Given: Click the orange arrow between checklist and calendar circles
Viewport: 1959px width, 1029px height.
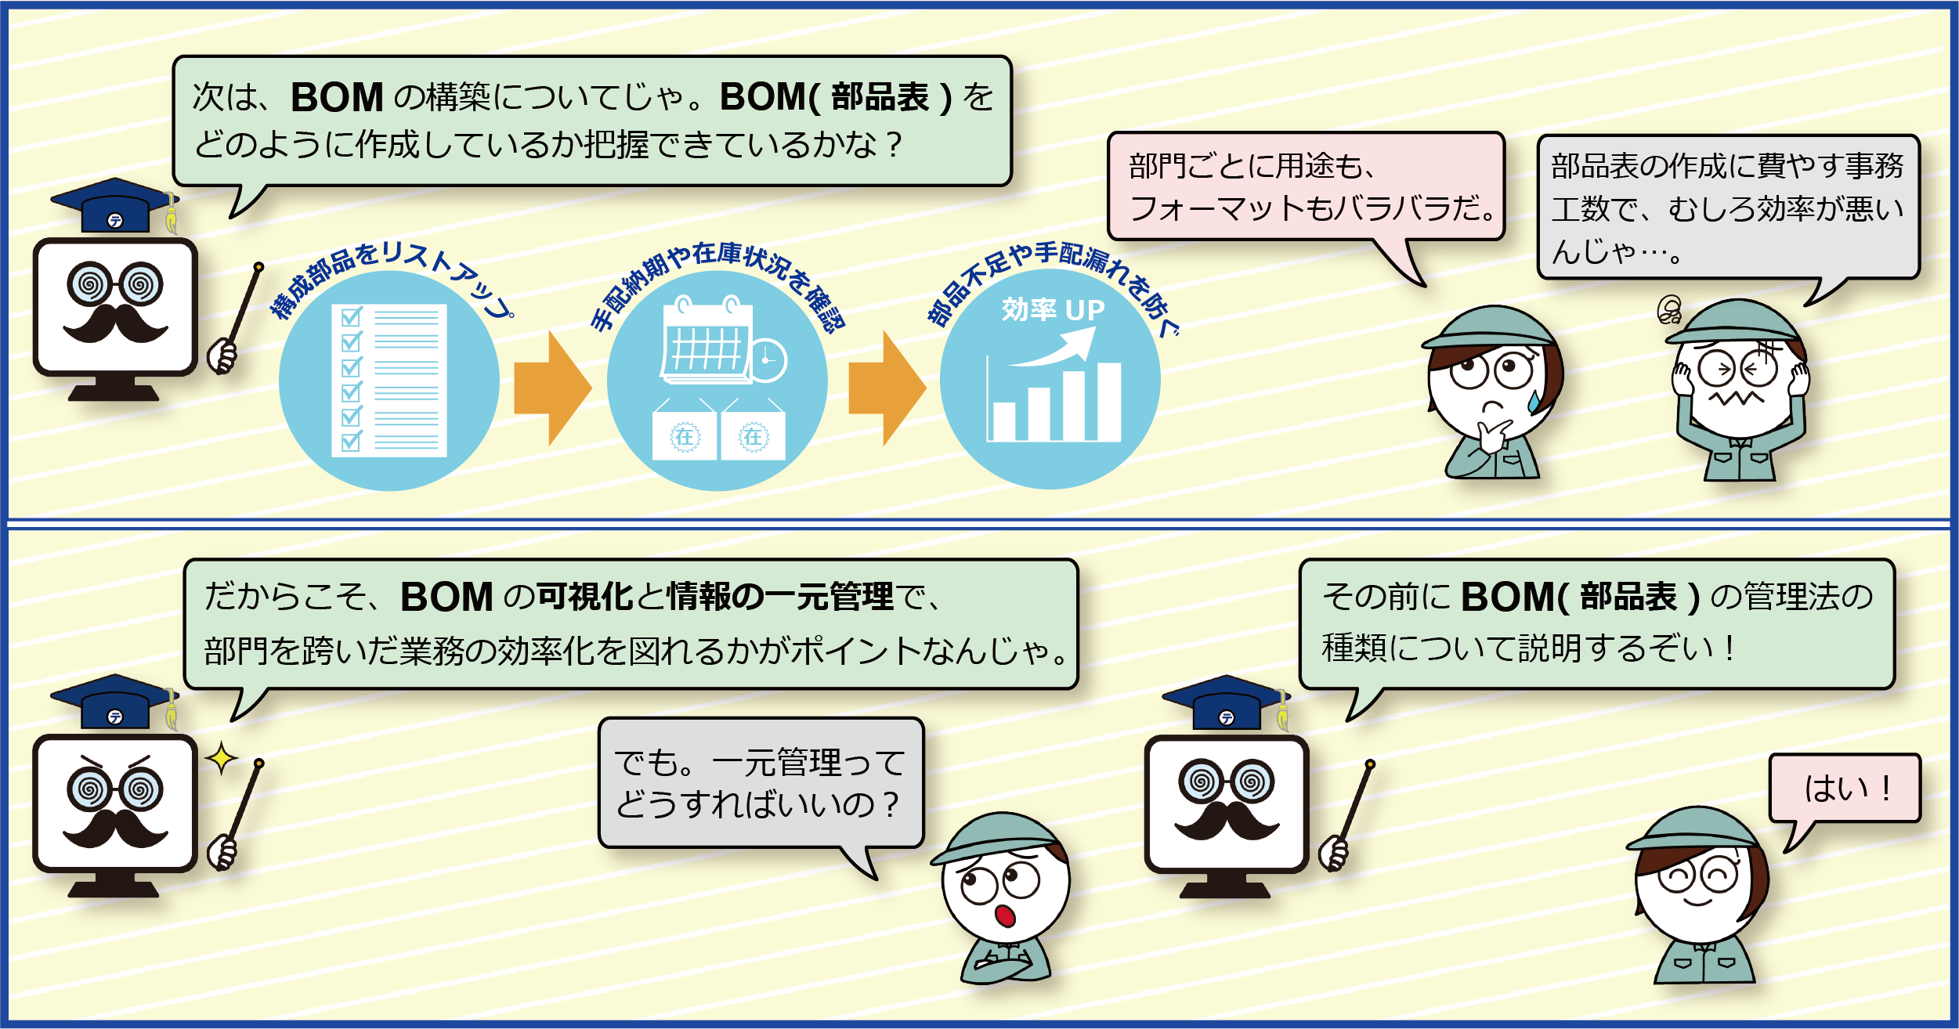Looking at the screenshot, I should click(551, 388).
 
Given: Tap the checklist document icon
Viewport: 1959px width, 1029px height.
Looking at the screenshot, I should click(389, 381).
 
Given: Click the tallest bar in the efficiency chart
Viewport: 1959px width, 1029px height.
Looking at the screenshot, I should click(1109, 401).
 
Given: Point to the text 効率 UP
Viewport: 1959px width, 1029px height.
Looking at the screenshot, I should click(1053, 310).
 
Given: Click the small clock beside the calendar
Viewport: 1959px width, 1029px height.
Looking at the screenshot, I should click(768, 360).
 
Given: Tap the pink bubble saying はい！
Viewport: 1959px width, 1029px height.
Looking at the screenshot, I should click(1845, 788).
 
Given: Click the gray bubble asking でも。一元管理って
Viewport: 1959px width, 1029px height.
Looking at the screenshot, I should click(761, 782).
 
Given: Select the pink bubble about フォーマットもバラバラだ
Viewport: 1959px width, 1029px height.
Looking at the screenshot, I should click(1307, 186).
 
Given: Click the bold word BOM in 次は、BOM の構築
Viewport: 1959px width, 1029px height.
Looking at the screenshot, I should click(337, 97).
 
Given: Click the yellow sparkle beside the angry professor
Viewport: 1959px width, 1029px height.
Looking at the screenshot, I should click(222, 757).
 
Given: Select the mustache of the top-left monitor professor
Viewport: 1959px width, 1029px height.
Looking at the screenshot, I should click(115, 323).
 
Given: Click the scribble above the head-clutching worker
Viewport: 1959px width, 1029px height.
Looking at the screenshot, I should click(1669, 310).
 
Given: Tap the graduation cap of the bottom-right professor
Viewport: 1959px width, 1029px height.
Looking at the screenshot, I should click(1227, 702).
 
